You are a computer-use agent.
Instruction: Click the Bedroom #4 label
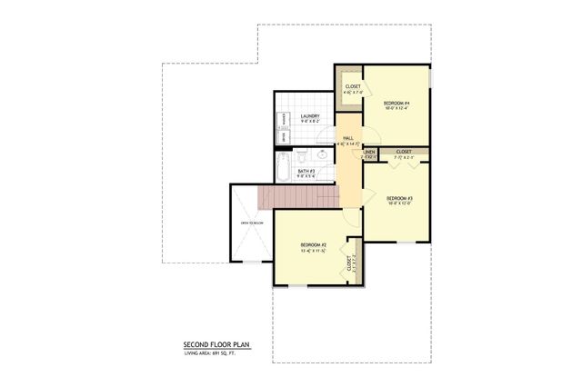[x=396, y=103]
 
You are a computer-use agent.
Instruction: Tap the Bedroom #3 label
[x=400, y=198]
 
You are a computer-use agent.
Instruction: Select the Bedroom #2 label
[x=314, y=245]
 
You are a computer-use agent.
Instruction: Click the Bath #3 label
[x=306, y=171]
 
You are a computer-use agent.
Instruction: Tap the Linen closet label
[x=370, y=152]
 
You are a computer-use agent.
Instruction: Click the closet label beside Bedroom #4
[x=353, y=87]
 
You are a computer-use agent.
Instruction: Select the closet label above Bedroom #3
[x=404, y=152]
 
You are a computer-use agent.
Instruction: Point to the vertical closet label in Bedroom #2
[x=349, y=263]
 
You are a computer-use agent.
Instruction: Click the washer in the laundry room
[x=284, y=117]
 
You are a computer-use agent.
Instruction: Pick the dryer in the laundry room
[x=284, y=135]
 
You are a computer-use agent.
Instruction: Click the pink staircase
[x=296, y=194]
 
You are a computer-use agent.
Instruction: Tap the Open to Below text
[x=251, y=223]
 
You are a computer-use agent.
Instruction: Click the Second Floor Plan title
[x=216, y=345]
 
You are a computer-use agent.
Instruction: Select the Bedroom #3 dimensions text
[x=400, y=203]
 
